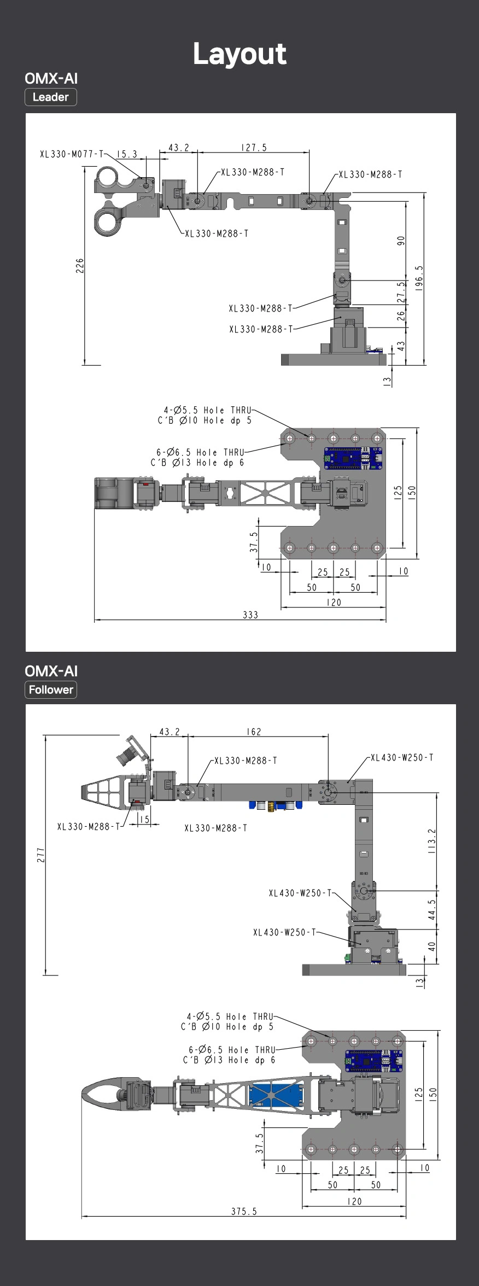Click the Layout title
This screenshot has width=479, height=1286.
pos(240,54)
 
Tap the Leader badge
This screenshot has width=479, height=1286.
pos(51,97)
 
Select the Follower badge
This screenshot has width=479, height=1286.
pos(51,689)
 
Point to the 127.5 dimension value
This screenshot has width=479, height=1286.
pos(254,148)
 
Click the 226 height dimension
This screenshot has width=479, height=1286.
pos(80,266)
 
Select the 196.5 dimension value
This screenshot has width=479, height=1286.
pos(419,278)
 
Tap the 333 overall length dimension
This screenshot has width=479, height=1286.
pos(250,615)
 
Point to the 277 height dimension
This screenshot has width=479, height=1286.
pos(41,855)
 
